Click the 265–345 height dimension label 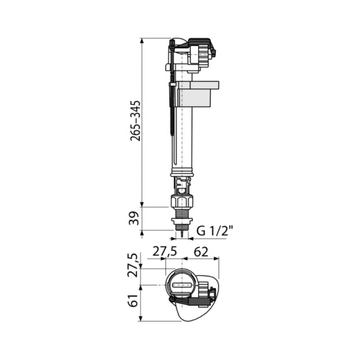point(135,120)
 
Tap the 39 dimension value point(134,218)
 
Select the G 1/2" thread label point(215,231)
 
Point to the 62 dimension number point(201,252)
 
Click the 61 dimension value point(134,300)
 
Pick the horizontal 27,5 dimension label point(165,252)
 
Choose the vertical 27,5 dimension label point(134,265)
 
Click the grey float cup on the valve point(197,94)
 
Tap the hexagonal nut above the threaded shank point(182,201)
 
